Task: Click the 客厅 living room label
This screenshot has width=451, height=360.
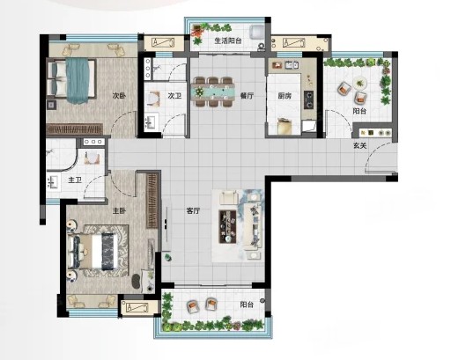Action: click(193, 210)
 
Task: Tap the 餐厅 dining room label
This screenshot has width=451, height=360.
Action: click(247, 96)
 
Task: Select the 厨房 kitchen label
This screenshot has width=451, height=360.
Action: click(285, 96)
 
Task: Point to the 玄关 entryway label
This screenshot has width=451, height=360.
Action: click(360, 145)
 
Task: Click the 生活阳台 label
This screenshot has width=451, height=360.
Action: click(228, 40)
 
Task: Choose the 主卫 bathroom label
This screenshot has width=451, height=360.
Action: click(75, 180)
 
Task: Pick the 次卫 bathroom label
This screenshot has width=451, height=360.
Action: click(174, 96)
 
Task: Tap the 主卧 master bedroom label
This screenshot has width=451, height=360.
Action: click(119, 210)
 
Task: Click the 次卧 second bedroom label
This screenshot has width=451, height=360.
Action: click(119, 96)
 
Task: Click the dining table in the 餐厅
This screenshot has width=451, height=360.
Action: click(213, 92)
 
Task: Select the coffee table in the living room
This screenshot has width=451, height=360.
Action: click(227, 226)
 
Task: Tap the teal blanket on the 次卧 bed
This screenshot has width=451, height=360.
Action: click(78, 81)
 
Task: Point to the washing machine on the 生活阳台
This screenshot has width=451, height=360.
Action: click(256, 32)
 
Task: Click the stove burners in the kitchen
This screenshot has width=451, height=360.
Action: click(308, 99)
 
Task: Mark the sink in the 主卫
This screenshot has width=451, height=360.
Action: click(52, 181)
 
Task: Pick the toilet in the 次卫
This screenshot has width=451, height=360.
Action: click(152, 99)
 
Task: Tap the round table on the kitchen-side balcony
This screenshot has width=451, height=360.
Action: click(359, 83)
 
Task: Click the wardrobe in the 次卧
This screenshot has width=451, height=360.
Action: click(75, 129)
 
